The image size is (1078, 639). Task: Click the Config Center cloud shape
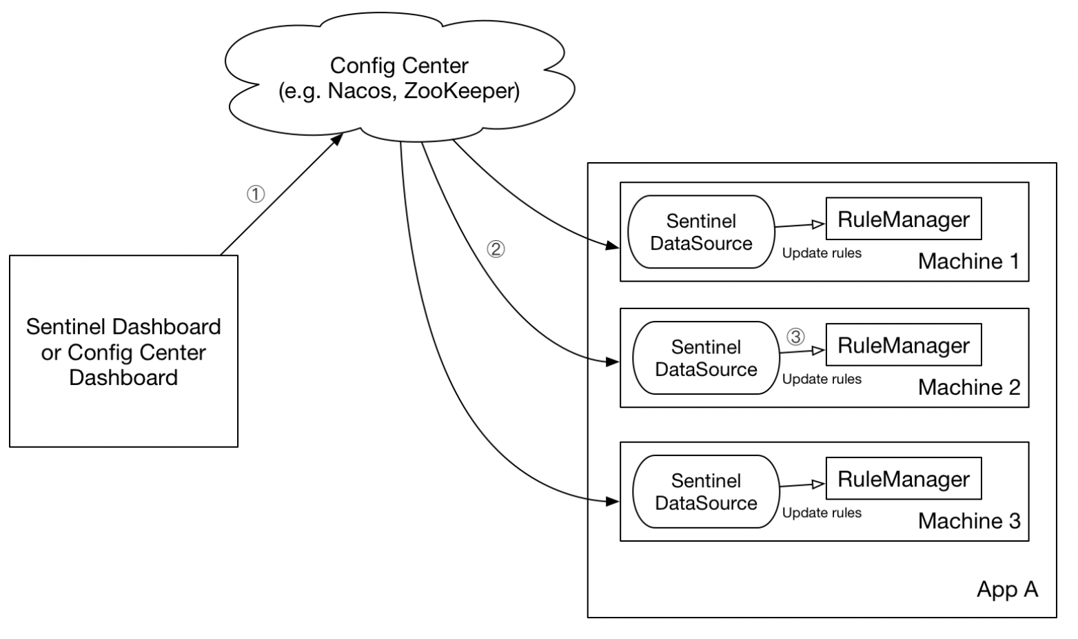[400, 77]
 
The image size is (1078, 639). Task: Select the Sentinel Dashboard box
[123, 351]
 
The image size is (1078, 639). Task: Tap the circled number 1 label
[256, 194]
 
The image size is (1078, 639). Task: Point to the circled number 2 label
[496, 249]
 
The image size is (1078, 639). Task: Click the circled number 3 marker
[795, 336]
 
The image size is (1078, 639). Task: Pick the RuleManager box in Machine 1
[904, 218]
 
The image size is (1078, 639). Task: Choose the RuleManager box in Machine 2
[904, 344]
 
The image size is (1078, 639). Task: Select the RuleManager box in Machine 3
[904, 478]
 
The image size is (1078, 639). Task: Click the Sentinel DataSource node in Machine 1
[701, 232]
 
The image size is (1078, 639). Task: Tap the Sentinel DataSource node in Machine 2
[706, 358]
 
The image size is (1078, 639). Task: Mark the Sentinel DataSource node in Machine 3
[706, 491]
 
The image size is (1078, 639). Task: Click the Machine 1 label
[969, 262]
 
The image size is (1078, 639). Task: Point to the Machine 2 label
[969, 387]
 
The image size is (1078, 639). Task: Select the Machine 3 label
[969, 521]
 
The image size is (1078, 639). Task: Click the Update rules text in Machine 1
[822, 253]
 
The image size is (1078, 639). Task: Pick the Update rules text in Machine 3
[822, 513]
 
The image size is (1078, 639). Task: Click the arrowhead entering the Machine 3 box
[613, 502]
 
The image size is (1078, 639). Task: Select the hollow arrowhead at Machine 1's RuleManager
[819, 224]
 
